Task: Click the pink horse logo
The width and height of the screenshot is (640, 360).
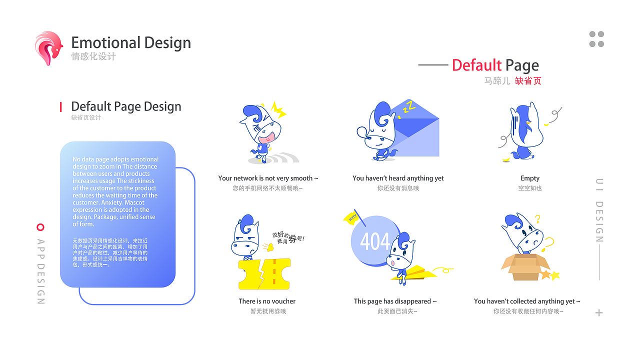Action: pos(48,48)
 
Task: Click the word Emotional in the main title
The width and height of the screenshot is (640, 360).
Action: pos(105,43)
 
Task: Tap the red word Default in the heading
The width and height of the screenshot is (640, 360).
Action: pos(476,65)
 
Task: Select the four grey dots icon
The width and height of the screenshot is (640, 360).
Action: pos(596,39)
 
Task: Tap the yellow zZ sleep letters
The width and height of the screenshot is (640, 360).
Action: pos(409,106)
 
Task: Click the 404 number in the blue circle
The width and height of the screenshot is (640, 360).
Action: pos(374,241)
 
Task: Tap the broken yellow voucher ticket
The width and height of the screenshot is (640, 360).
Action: pos(264,274)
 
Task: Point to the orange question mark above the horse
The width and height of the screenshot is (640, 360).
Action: pos(537,218)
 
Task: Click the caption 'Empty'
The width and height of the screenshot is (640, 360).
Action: pos(530,178)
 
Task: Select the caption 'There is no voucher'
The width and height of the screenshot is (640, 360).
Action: pos(267,301)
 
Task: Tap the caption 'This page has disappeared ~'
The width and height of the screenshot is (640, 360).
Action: pos(395,301)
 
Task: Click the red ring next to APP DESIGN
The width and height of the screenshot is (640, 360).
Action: pos(40,227)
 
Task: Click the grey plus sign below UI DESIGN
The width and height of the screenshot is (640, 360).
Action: pos(599,313)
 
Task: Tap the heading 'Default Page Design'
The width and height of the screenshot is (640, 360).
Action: pos(126,106)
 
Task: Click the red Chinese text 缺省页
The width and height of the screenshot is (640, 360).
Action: pos(528,80)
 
